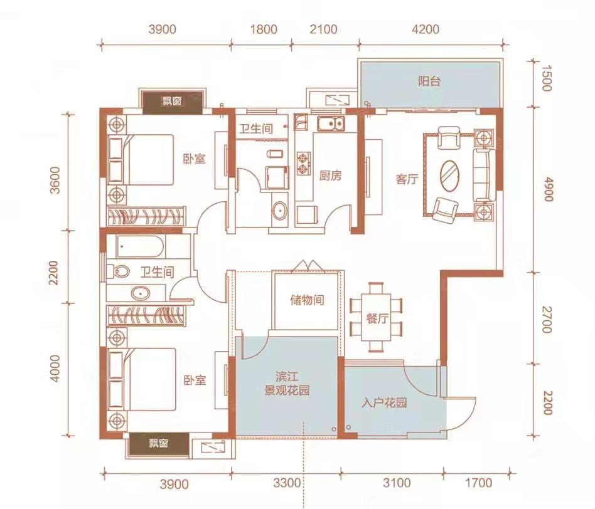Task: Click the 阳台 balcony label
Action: point(429,81)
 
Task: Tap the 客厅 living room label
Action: point(407,179)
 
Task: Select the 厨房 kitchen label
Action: point(330,176)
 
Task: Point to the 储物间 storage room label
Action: point(307,300)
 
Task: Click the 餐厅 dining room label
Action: point(377,318)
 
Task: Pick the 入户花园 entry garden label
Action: point(384,402)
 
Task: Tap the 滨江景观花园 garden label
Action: point(287,384)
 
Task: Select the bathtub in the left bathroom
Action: point(140,247)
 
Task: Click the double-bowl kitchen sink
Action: point(331,124)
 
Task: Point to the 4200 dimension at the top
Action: point(426,29)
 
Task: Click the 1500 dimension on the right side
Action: point(546,78)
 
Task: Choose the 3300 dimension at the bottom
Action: point(287,483)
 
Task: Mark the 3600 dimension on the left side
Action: point(55,181)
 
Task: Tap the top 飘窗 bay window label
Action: point(172,101)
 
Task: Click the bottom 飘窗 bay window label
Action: point(158,443)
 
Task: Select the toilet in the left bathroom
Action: point(118,271)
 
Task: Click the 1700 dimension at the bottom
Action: point(479,483)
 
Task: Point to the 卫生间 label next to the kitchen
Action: point(255,129)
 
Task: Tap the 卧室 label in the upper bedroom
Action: point(195,159)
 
